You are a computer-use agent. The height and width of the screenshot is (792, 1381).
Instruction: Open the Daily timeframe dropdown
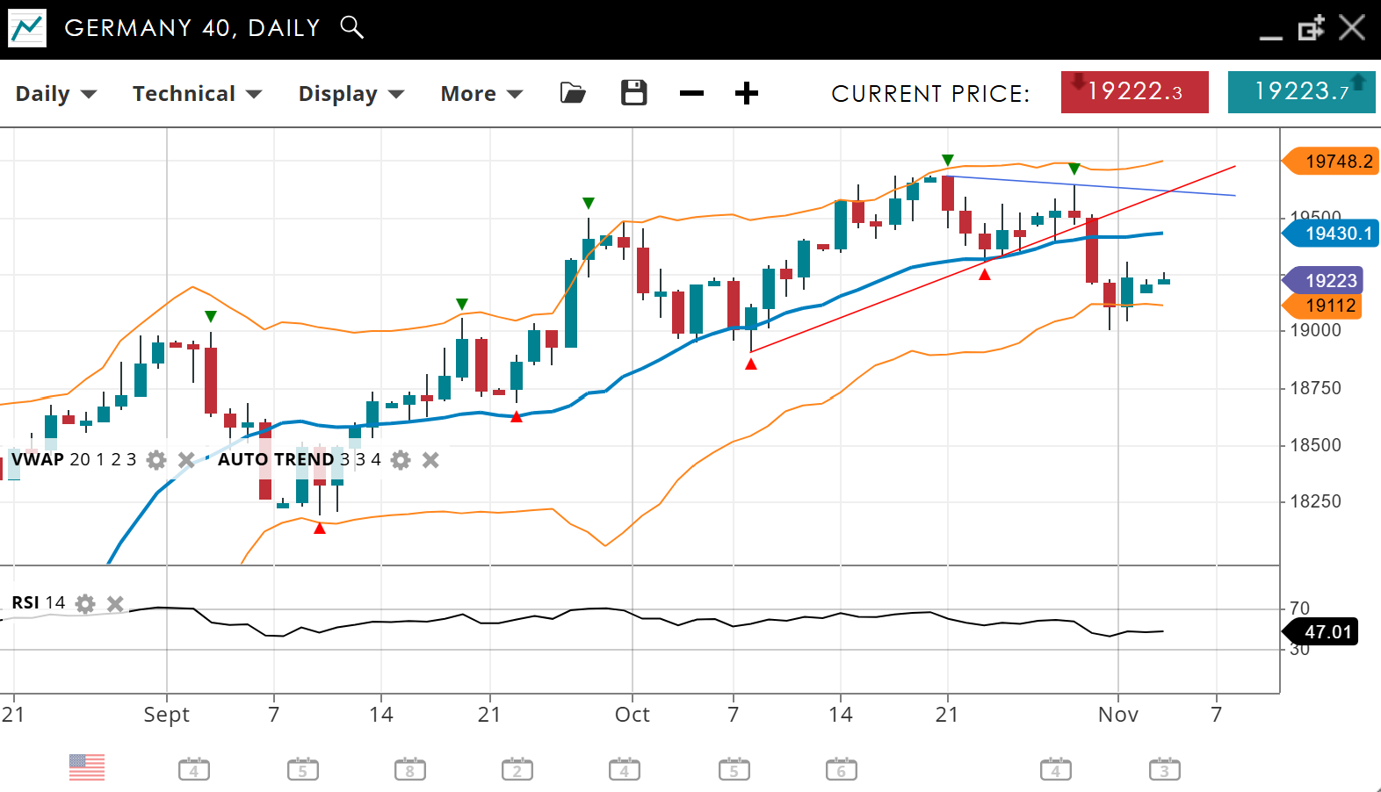point(55,94)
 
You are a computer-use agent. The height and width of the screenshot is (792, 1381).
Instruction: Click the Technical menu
point(197,94)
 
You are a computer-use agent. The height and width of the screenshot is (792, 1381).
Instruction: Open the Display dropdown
point(351,94)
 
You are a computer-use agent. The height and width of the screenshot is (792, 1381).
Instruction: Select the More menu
point(481,94)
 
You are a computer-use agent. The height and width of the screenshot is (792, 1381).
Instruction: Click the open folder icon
point(573,93)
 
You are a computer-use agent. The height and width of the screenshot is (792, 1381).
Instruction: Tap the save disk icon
point(633,93)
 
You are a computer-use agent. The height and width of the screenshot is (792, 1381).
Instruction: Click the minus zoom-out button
point(691,93)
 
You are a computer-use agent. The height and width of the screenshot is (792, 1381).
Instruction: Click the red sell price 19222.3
point(1134,92)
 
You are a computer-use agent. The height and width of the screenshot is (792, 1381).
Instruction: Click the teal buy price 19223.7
point(1301,92)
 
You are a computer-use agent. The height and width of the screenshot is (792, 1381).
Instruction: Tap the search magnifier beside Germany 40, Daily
point(351,27)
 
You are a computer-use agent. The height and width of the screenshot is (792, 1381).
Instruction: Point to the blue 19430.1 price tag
point(1333,234)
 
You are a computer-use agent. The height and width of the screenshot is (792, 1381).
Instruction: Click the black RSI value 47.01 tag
point(1324,632)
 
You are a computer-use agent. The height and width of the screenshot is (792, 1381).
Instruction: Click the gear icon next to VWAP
point(156,460)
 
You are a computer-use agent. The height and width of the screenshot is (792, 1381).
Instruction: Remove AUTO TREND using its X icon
point(430,460)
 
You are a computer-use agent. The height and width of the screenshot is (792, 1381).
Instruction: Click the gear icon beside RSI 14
point(85,603)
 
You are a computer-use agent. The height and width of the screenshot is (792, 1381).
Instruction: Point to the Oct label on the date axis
point(632,715)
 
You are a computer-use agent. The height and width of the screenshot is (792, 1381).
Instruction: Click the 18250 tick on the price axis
point(1315,501)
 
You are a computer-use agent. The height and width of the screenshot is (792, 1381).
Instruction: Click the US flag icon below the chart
point(87,767)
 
